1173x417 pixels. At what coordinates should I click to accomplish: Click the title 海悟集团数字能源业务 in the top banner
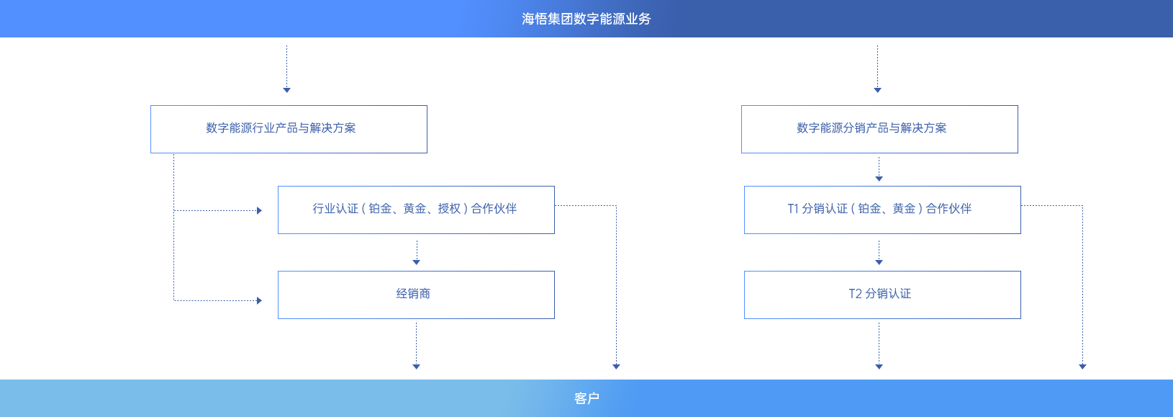pyautogui.click(x=586, y=19)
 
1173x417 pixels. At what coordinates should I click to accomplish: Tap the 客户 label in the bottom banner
pyautogui.click(x=586, y=398)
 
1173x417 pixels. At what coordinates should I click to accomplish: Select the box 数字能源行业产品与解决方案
pyautogui.click(x=289, y=129)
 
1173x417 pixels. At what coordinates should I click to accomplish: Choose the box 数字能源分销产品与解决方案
pyautogui.click(x=879, y=129)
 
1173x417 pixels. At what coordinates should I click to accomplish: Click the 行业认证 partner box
pyautogui.click(x=416, y=210)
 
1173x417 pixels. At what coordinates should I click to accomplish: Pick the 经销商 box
pyautogui.click(x=416, y=295)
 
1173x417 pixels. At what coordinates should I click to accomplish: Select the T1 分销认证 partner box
pyautogui.click(x=882, y=210)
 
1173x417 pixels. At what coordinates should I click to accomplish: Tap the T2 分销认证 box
pyautogui.click(x=882, y=295)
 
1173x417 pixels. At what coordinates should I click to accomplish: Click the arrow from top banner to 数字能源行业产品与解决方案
pyautogui.click(x=286, y=68)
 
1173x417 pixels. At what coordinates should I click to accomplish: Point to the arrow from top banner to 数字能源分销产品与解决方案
pyautogui.click(x=877, y=68)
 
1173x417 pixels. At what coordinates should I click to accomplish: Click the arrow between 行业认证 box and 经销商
pyautogui.click(x=416, y=252)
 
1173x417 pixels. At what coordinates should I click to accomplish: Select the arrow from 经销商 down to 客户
pyautogui.click(x=416, y=346)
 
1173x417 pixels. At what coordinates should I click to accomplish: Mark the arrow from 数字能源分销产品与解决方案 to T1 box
pyautogui.click(x=879, y=169)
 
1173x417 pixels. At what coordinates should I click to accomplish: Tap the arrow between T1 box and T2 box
pyautogui.click(x=879, y=252)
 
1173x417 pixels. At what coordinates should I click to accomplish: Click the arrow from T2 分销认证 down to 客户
pyautogui.click(x=879, y=346)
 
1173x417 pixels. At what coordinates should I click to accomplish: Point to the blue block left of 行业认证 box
pyautogui.click(x=214, y=228)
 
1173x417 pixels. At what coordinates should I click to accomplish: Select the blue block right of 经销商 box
pyautogui.click(x=586, y=285)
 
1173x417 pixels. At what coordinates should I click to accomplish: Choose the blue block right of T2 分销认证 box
pyautogui.click(x=1052, y=285)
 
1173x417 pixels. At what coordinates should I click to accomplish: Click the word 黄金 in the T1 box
pyautogui.click(x=904, y=209)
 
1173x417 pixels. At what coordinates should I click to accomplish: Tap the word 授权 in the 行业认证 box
pyautogui.click(x=449, y=209)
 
